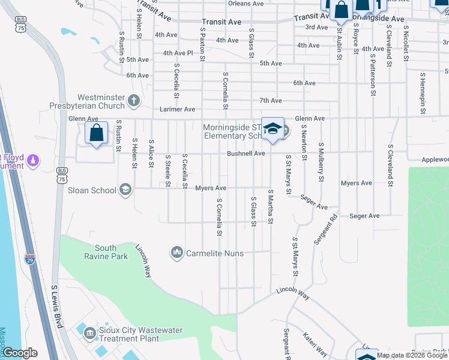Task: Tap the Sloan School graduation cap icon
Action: pos(125,190)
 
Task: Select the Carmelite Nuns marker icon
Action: pos(176,253)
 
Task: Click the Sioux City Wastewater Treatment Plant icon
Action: pos(90,332)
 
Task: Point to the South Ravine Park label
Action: pos(105,252)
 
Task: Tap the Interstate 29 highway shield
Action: pos(30,259)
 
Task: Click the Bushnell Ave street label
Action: pos(246,154)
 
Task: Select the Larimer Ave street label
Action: pos(177,109)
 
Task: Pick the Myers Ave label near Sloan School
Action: pos(211,188)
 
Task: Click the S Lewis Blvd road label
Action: pos(58,306)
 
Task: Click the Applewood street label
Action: pos(435,160)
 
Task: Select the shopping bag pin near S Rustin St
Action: pos(96,133)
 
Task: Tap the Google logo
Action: pos(20,353)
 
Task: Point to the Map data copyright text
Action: pos(412,355)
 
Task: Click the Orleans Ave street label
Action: pos(246,4)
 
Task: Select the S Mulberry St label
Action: pos(321,161)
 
